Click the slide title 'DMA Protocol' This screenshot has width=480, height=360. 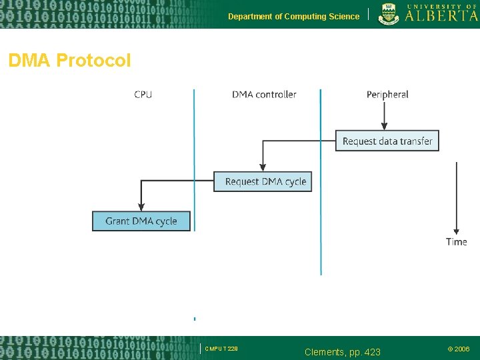(69, 61)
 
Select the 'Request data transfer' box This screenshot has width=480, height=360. (387, 141)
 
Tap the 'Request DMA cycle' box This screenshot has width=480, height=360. (263, 181)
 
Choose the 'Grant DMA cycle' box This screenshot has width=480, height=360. (141, 221)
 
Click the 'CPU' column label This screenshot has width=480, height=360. (143, 95)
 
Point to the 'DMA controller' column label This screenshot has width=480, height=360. (264, 95)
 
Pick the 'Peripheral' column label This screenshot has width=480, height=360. (387, 95)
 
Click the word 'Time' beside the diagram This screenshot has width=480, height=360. (457, 241)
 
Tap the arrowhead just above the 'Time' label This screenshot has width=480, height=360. (457, 230)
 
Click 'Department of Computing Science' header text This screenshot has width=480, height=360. (293, 17)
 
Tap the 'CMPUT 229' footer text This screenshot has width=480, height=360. (221, 349)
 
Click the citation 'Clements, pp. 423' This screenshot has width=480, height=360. (342, 351)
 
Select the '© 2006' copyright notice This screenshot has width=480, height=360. (458, 349)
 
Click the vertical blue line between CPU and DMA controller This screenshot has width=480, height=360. (194, 160)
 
